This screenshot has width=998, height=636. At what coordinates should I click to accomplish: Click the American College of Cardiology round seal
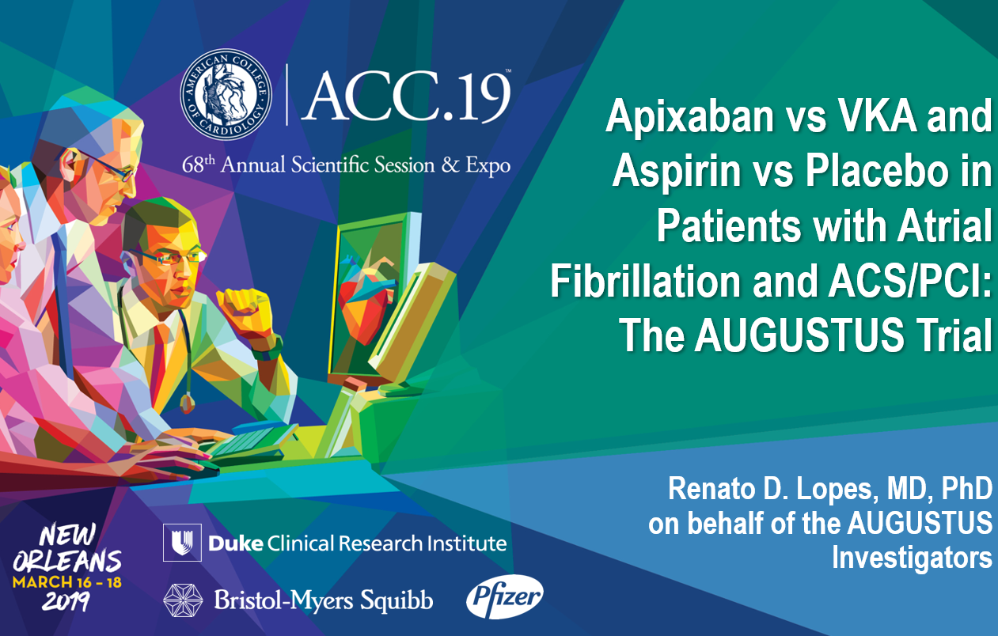tap(226, 94)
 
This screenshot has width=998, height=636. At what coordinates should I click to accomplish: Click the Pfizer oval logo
tap(505, 596)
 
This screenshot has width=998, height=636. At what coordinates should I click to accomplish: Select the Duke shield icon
tap(182, 543)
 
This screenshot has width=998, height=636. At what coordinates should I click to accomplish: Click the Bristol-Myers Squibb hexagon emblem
tap(183, 600)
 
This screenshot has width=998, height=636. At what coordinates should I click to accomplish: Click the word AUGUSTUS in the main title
tap(799, 335)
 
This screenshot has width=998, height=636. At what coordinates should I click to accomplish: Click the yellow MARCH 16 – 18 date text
tap(66, 582)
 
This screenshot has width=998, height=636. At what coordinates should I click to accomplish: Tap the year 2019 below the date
tap(66, 601)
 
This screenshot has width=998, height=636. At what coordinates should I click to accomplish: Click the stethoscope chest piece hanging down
tap(187, 403)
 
